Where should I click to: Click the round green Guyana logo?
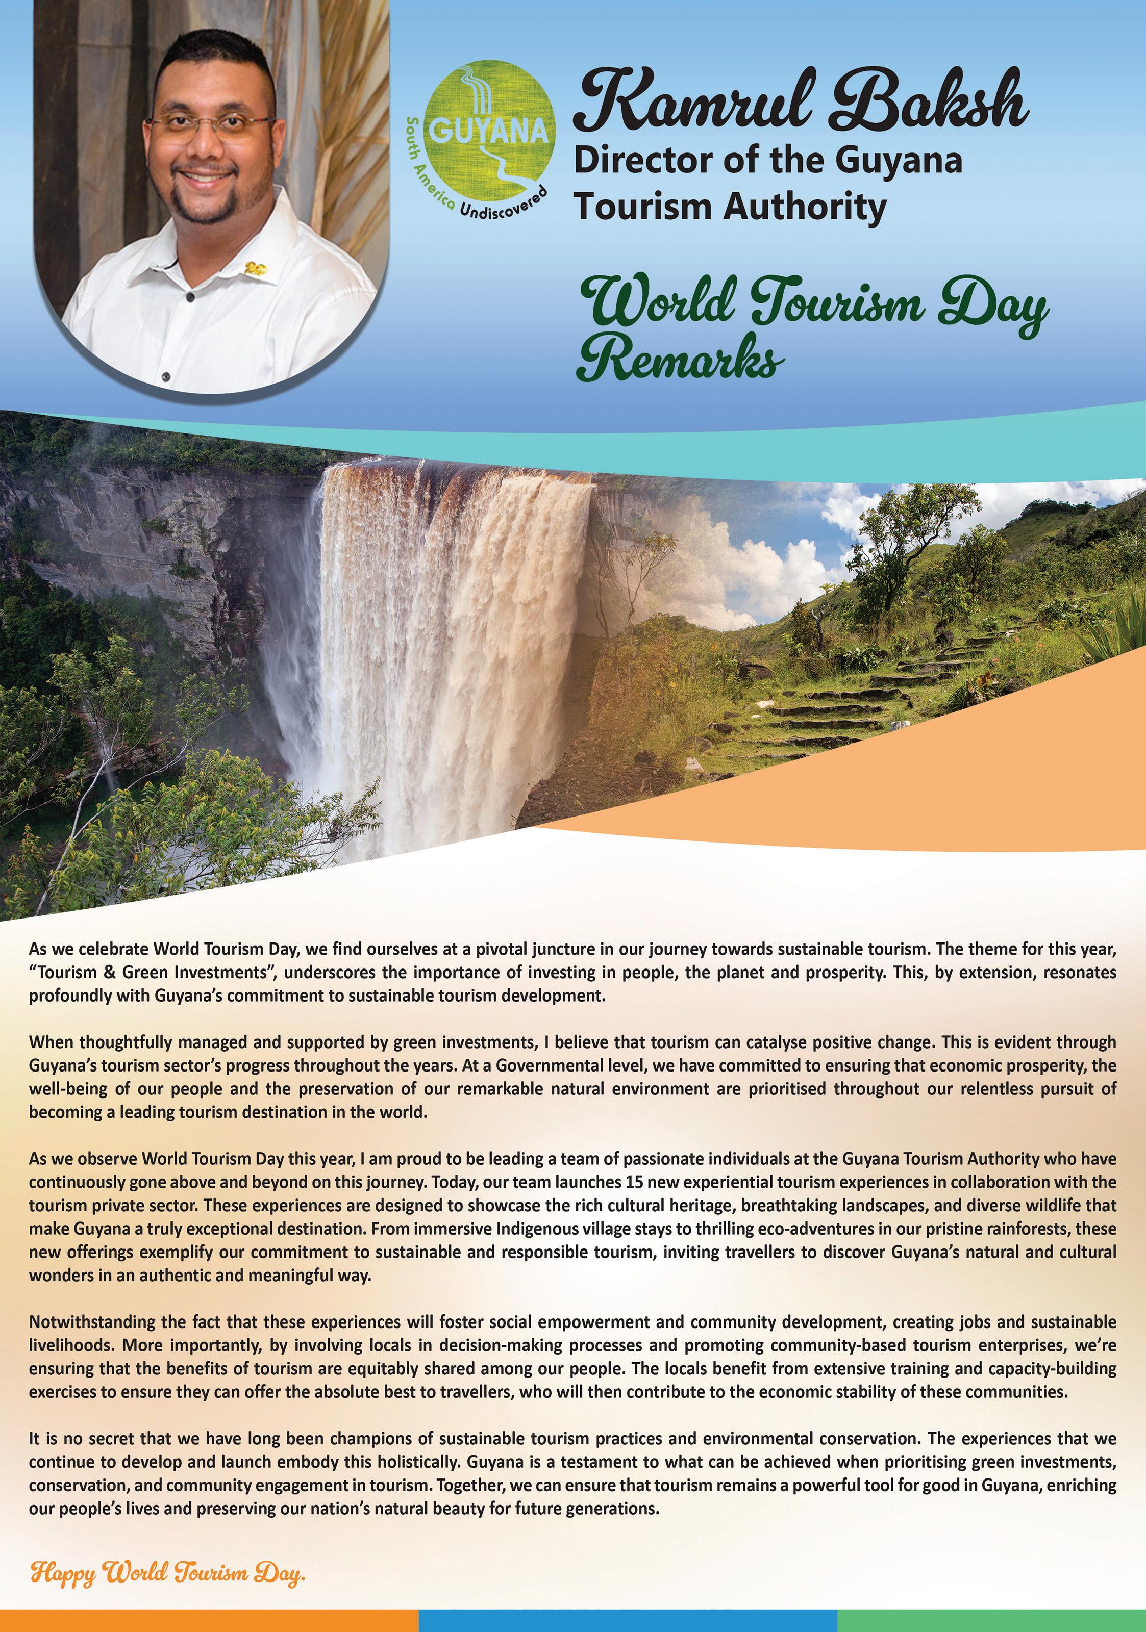point(489,132)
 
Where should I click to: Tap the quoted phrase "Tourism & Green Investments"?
point(152,972)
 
